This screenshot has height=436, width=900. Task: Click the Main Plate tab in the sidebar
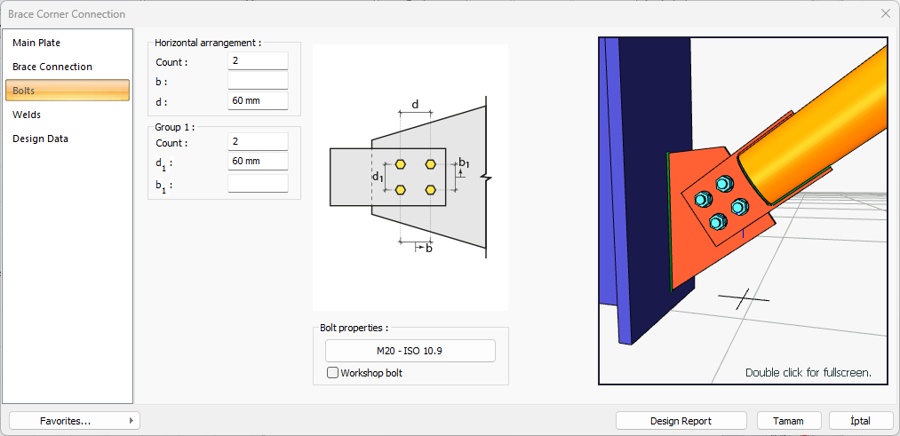click(37, 43)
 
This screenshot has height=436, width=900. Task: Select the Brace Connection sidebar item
click(52, 67)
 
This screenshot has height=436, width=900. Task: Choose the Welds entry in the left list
click(27, 115)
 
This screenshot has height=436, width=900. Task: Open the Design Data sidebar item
click(40, 139)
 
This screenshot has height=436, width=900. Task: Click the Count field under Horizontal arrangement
click(258, 61)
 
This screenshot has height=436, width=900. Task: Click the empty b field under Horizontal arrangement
click(258, 81)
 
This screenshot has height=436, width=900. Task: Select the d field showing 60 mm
click(258, 100)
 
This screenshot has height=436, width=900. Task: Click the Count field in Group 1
click(258, 142)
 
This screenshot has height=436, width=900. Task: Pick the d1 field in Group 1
click(258, 161)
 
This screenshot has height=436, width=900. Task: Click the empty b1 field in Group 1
click(258, 184)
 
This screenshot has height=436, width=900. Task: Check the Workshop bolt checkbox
click(333, 373)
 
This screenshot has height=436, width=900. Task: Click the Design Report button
click(681, 421)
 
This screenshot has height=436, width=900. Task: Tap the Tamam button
click(789, 421)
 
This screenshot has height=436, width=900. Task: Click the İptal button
click(860, 421)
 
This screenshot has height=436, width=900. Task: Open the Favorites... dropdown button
click(74, 421)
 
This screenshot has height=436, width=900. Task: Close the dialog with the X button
click(885, 14)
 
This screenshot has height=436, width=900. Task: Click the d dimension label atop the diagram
click(415, 105)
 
